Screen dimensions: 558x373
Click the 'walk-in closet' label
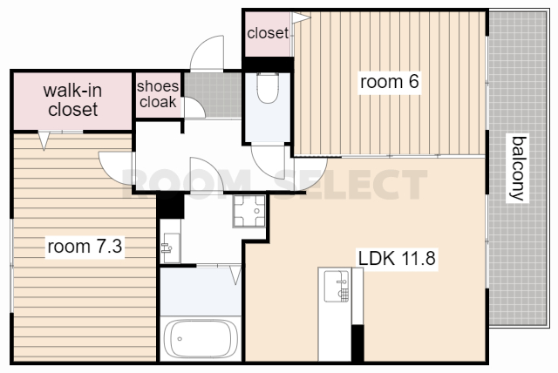73,100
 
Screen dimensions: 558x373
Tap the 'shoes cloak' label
158,94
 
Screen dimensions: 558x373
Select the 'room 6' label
390,82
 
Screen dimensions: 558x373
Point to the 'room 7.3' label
85,246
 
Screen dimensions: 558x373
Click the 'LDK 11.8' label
397,258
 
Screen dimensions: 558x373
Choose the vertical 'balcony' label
518,168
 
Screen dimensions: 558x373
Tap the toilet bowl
268,88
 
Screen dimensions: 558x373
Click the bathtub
201,338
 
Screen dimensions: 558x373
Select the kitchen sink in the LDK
337,286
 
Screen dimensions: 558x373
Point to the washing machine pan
249,211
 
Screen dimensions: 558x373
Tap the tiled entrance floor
213,95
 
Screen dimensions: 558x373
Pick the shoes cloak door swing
194,108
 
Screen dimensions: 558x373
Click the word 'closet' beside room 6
268,33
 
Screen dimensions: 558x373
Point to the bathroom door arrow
235,275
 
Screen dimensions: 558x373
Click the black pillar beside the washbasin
171,206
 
